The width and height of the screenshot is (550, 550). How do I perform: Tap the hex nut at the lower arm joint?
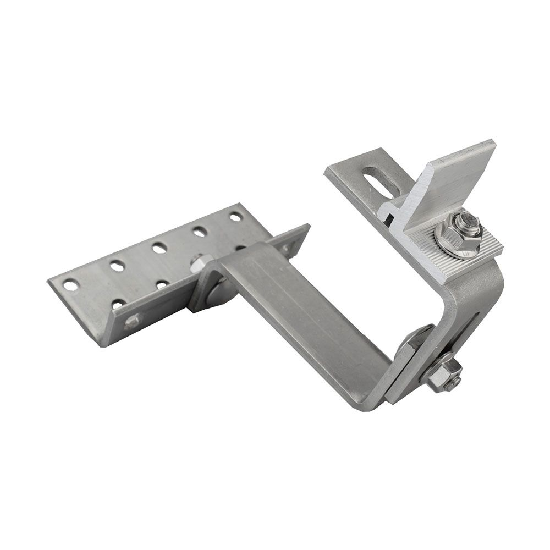[x=443, y=374]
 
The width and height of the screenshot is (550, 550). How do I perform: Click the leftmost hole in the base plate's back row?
[x=70, y=285]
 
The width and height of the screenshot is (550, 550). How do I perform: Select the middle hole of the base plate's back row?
[x=159, y=248]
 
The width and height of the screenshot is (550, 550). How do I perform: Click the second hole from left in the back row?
[x=117, y=266]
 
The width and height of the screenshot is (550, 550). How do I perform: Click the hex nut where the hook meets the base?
[x=201, y=263]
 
